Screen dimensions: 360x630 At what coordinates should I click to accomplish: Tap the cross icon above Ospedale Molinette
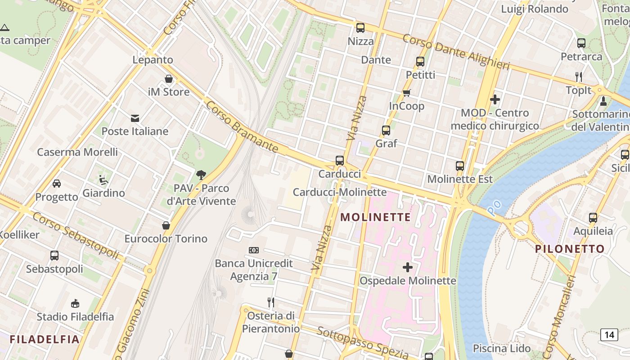tap(408, 268)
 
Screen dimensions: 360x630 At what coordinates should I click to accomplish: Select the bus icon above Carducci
tap(340, 161)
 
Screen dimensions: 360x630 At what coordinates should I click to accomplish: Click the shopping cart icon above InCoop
tap(407, 93)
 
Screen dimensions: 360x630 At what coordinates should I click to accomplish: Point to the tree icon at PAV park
tap(201, 175)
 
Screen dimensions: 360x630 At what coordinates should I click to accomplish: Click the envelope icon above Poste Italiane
tap(135, 118)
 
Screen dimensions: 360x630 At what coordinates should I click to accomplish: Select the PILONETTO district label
tap(570, 249)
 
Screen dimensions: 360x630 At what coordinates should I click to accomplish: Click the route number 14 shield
tap(609, 334)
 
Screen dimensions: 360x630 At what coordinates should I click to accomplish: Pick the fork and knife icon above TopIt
tap(579, 77)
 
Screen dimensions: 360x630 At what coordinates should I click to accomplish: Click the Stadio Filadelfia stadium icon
tap(75, 303)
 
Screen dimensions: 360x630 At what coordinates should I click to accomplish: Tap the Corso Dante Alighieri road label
tap(455, 52)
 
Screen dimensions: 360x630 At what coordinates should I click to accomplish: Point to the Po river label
tap(494, 207)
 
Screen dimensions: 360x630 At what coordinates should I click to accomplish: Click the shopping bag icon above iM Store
tap(169, 79)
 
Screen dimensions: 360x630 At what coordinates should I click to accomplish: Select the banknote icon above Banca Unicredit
tap(254, 250)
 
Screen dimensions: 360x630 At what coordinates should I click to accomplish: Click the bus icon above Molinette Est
tap(459, 166)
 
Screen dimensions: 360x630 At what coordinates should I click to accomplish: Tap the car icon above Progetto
tap(57, 184)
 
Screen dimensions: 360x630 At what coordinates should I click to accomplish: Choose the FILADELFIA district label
tap(45, 339)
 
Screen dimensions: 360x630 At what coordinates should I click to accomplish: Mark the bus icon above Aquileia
tap(593, 218)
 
